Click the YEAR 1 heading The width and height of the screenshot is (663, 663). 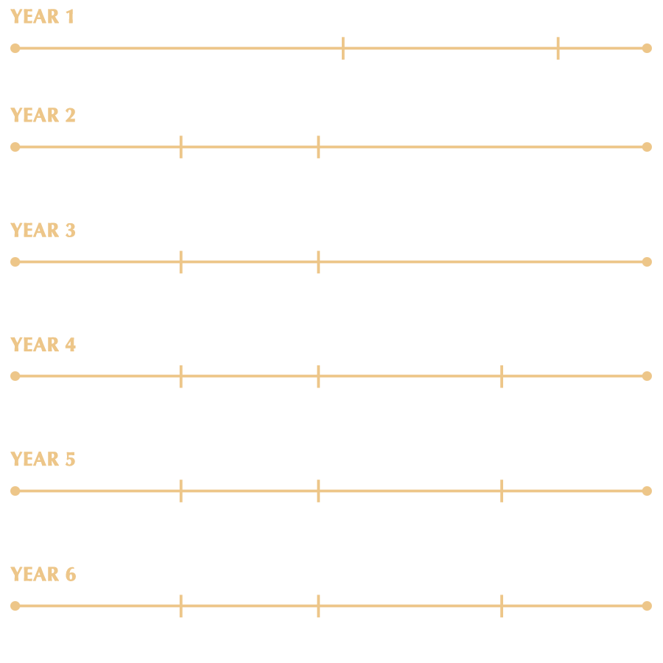point(43,17)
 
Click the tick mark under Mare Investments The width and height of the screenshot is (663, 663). point(343,48)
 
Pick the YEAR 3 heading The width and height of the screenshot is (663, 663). point(43,231)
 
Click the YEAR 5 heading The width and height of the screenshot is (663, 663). point(43,460)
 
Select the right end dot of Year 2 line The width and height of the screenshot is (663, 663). point(647,147)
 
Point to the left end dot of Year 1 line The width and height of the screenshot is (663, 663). point(15,48)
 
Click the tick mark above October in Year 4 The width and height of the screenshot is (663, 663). point(501,376)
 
